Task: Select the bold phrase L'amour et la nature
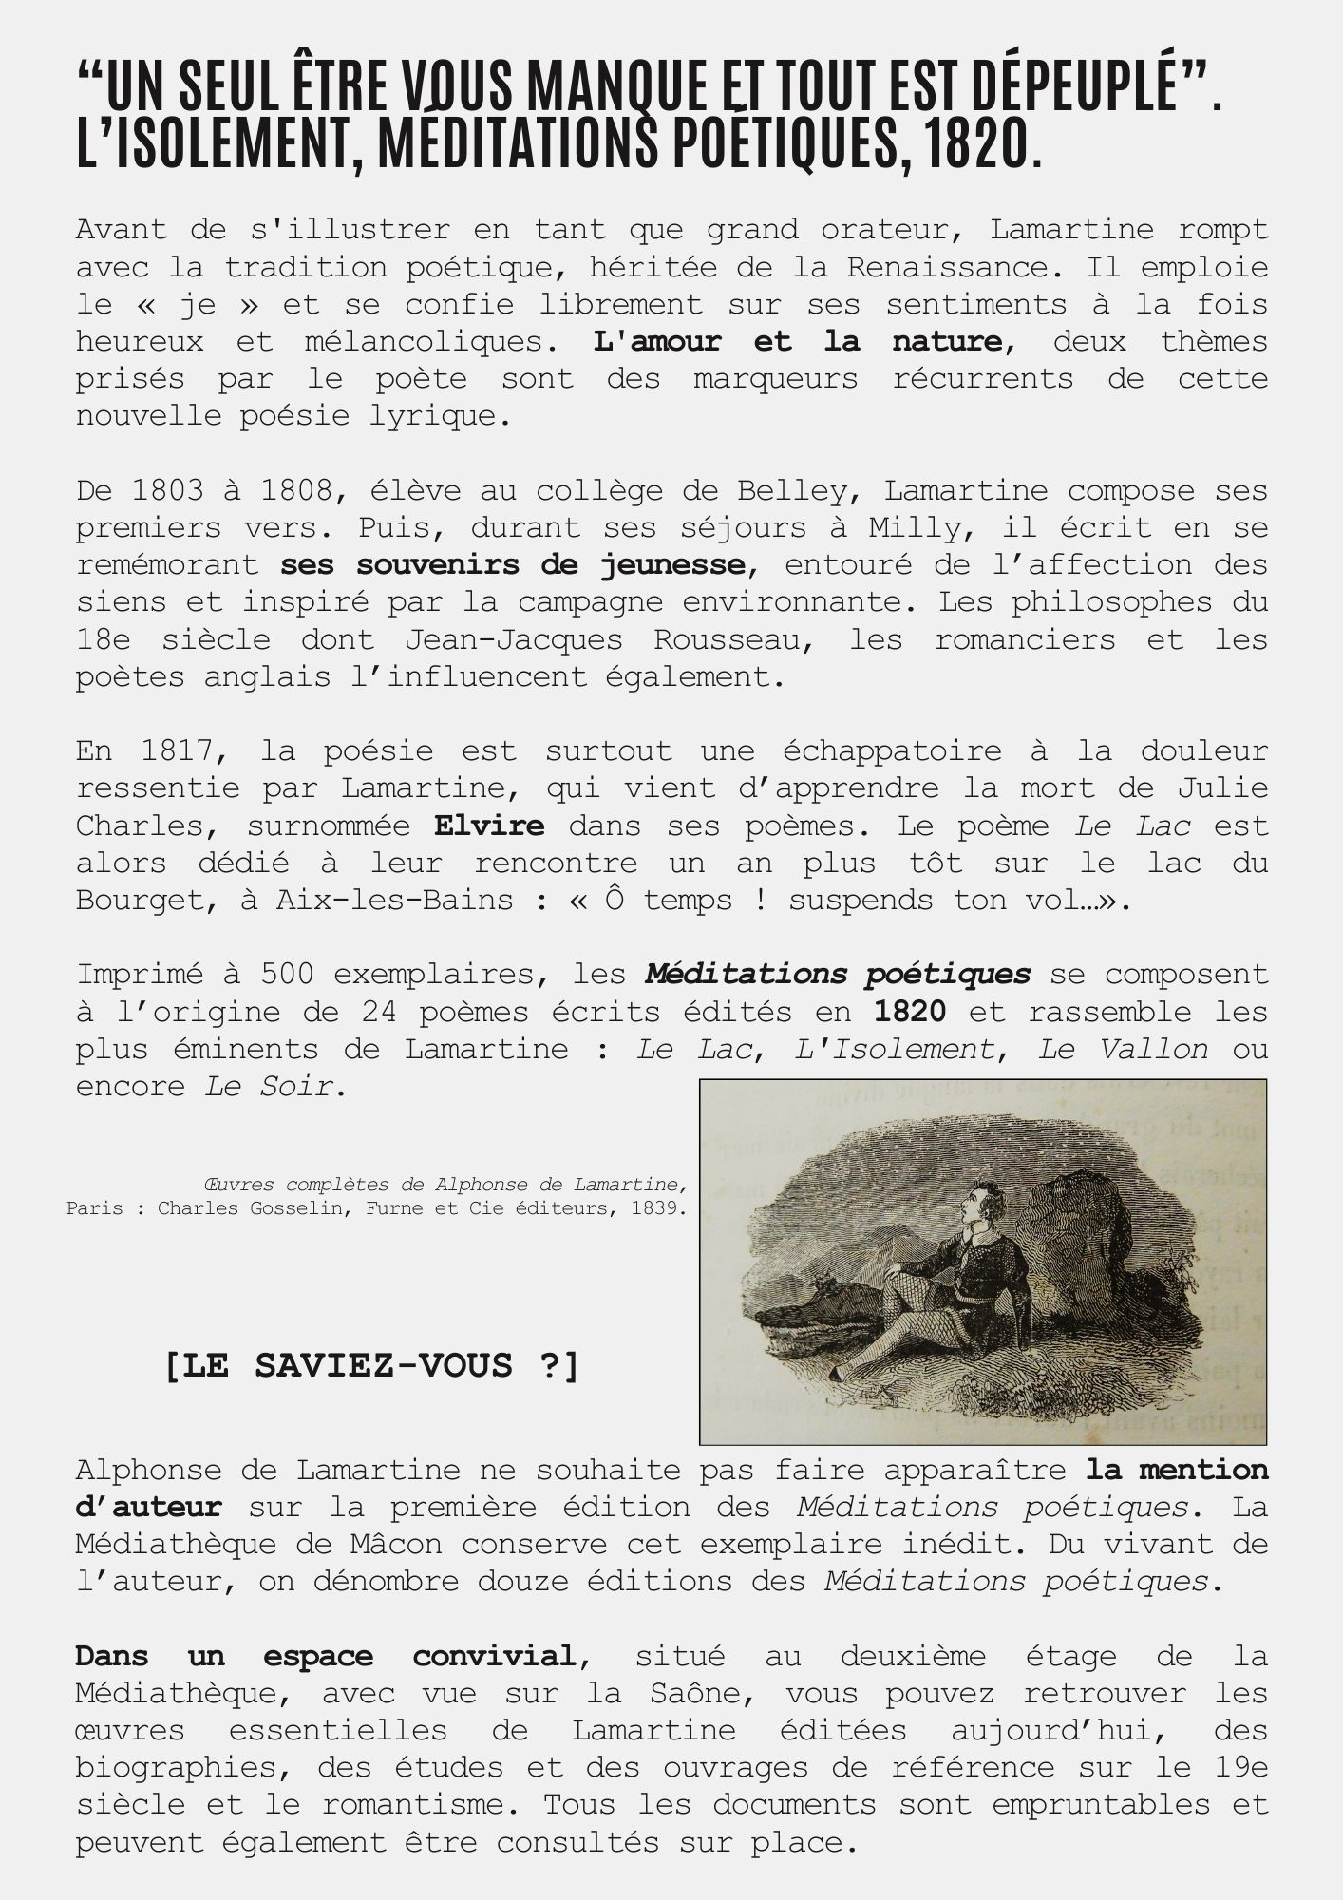coord(798,341)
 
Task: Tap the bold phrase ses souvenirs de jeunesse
coord(513,564)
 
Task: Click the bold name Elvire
coord(489,825)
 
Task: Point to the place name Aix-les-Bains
coord(394,900)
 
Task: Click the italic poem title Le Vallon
coord(1123,1049)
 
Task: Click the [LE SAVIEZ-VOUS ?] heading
coord(371,1366)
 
